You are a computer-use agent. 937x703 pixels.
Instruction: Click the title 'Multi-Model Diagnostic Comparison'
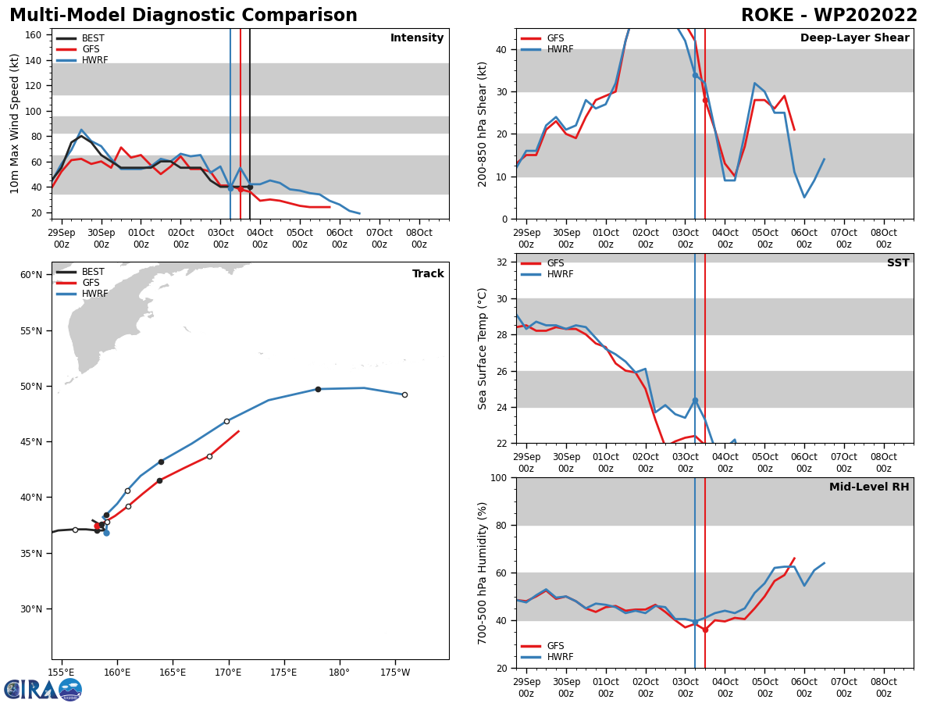(x=183, y=16)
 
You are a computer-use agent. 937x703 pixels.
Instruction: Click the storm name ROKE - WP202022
(x=828, y=16)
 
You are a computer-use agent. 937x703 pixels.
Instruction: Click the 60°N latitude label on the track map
(x=30, y=275)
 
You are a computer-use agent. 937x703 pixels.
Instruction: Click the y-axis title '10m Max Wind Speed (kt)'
(x=15, y=123)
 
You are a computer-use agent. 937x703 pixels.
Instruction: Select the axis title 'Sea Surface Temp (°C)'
(x=483, y=348)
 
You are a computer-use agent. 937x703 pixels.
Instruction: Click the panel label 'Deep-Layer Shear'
(x=854, y=38)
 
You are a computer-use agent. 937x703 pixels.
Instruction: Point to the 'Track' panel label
(x=428, y=273)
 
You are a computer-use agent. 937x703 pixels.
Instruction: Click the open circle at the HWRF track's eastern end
(x=404, y=394)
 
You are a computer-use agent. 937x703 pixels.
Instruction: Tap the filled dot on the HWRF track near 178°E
(x=318, y=389)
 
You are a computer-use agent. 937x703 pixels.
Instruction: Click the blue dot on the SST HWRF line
(x=695, y=401)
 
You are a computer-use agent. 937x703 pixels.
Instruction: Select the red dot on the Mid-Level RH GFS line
(x=705, y=630)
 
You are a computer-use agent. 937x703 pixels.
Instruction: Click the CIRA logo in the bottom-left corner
(x=43, y=689)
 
